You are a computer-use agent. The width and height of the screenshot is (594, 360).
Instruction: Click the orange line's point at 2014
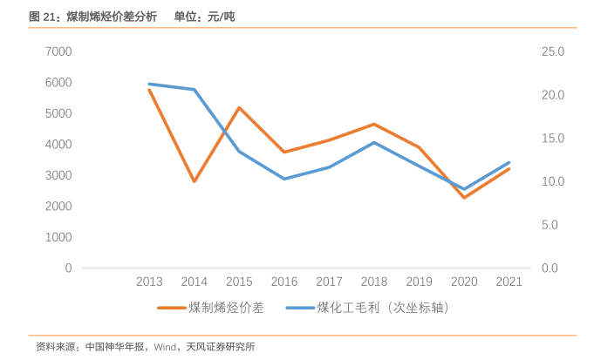(195, 181)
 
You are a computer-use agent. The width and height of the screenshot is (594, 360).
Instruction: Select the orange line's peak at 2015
(239, 107)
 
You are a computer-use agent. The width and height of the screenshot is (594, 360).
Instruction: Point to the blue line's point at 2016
(284, 179)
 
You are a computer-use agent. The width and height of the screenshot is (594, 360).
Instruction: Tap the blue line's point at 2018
(374, 142)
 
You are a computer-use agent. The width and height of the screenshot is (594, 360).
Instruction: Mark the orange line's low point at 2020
(464, 198)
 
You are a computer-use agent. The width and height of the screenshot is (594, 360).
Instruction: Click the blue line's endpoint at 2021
(509, 162)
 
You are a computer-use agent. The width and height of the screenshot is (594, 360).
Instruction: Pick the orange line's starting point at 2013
(149, 90)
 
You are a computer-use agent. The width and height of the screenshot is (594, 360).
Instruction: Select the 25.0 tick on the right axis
(553, 51)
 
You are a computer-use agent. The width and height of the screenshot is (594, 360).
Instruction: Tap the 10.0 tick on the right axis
(553, 181)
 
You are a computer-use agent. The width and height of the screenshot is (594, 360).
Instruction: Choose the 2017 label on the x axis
(329, 282)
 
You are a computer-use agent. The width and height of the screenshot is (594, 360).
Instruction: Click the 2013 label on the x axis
(149, 282)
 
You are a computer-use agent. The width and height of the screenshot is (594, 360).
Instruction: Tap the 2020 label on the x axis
(464, 282)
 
